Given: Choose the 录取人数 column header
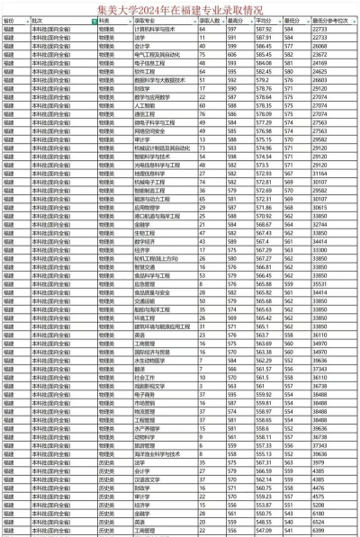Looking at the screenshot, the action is pyautogui.click(x=210, y=19).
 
